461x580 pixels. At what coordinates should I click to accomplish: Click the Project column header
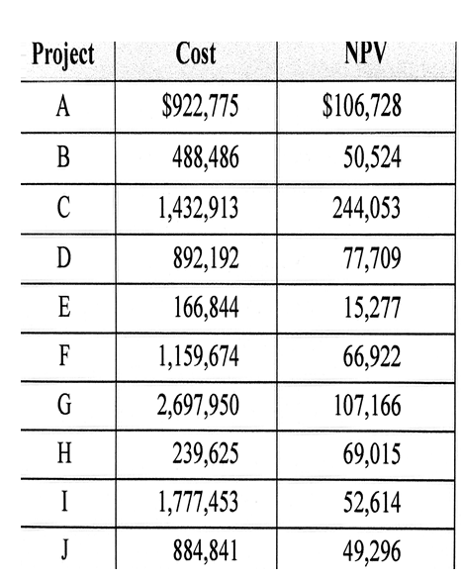pyautogui.click(x=62, y=54)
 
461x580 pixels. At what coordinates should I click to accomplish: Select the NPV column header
pyautogui.click(x=362, y=54)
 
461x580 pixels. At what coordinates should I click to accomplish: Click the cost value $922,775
pyautogui.click(x=199, y=106)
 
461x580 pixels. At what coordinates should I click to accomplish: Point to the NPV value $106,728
pyautogui.click(x=361, y=106)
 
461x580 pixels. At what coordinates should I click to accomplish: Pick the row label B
pyautogui.click(x=62, y=158)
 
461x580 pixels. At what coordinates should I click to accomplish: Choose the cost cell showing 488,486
pyautogui.click(x=206, y=158)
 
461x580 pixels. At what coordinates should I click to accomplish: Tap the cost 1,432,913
pyautogui.click(x=198, y=210)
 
